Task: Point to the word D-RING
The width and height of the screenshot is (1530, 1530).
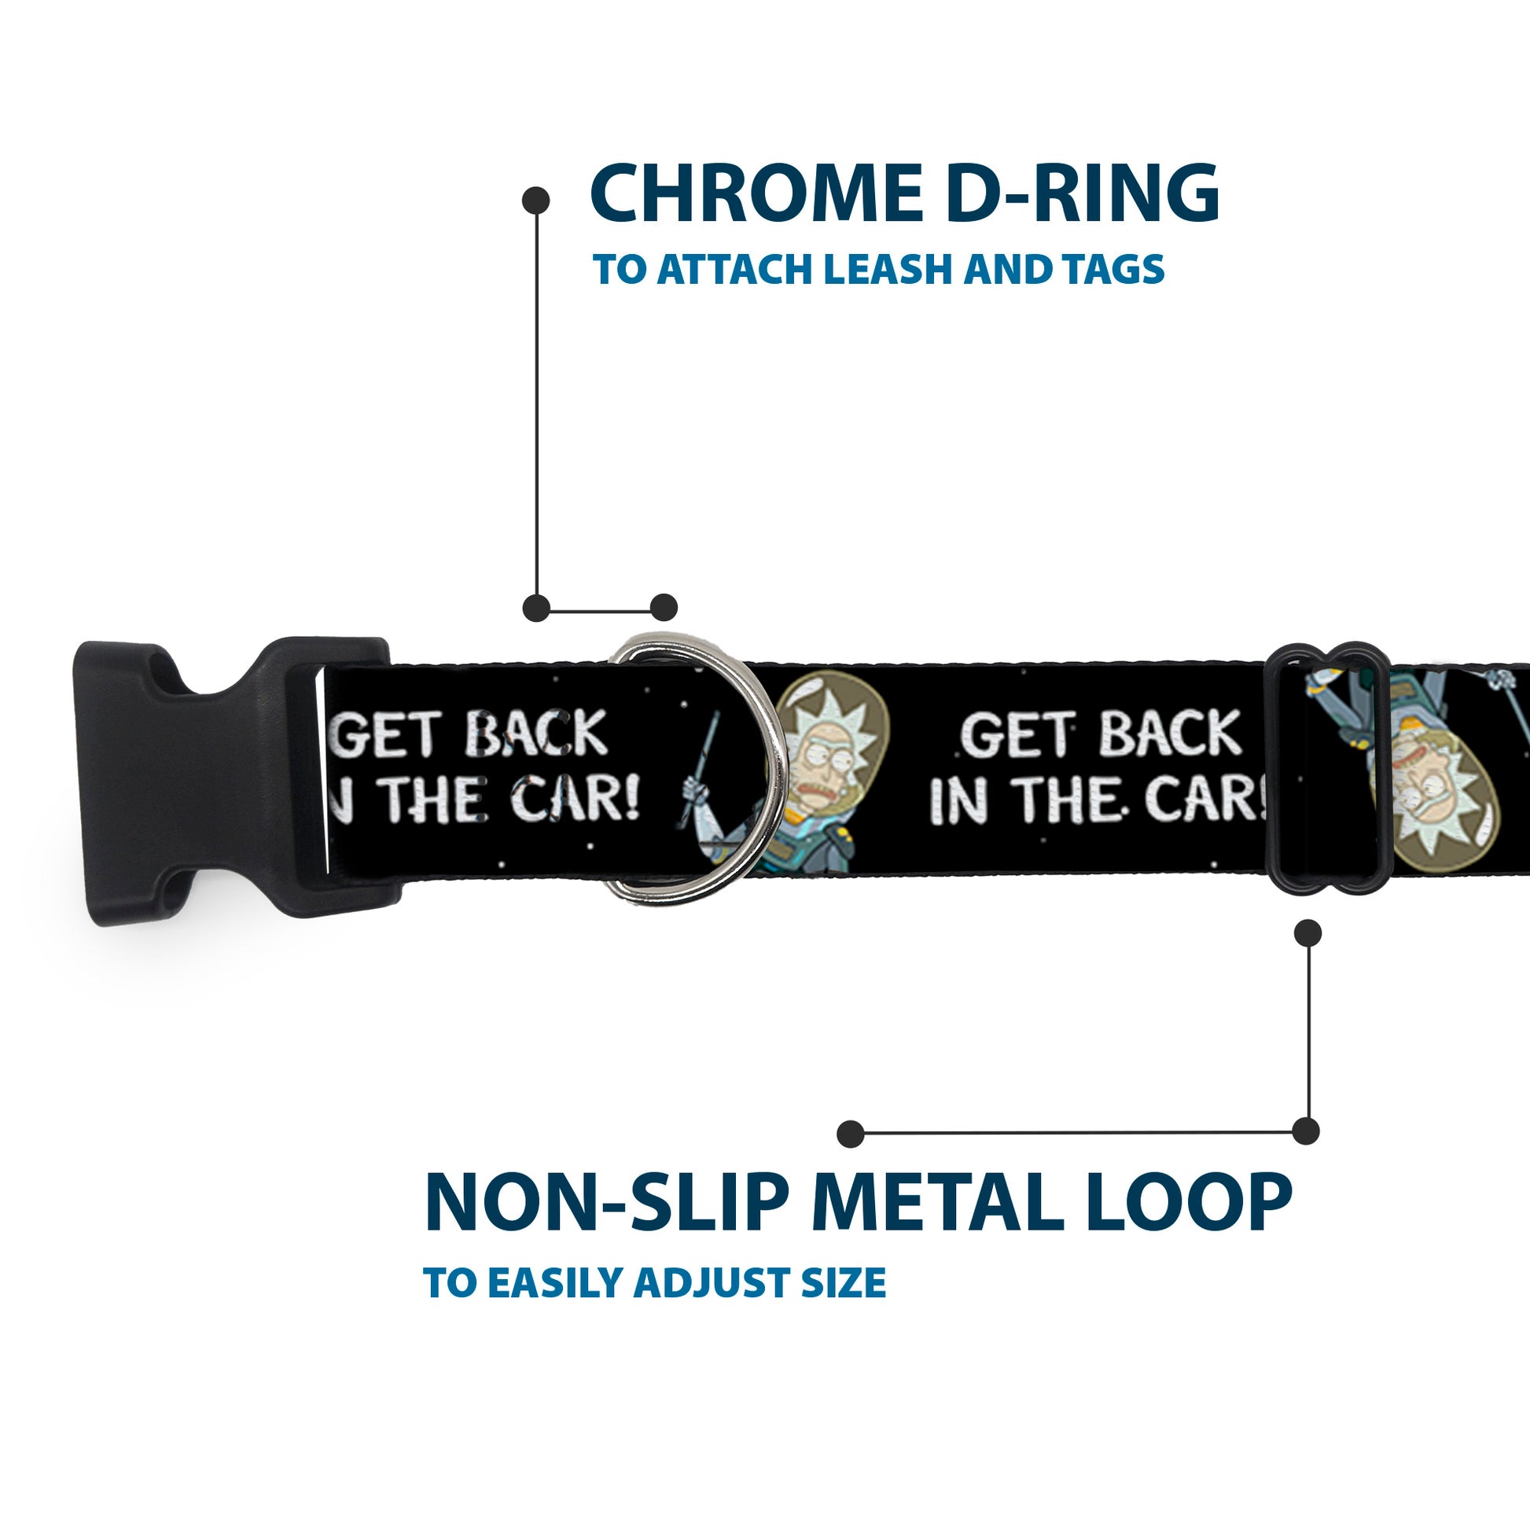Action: pos(1082,194)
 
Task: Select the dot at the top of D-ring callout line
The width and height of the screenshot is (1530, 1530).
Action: pos(536,200)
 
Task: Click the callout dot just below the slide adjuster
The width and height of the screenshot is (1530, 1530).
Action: pos(1307,933)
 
